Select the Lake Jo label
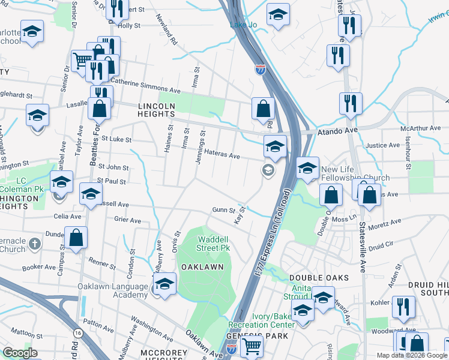pyautogui.click(x=244, y=25)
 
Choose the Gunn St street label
pyautogui.click(x=222, y=210)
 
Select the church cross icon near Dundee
pyautogui.click(x=35, y=244)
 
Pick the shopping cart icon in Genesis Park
pyautogui.click(x=251, y=346)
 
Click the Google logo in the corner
pyautogui.click(x=20, y=353)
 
